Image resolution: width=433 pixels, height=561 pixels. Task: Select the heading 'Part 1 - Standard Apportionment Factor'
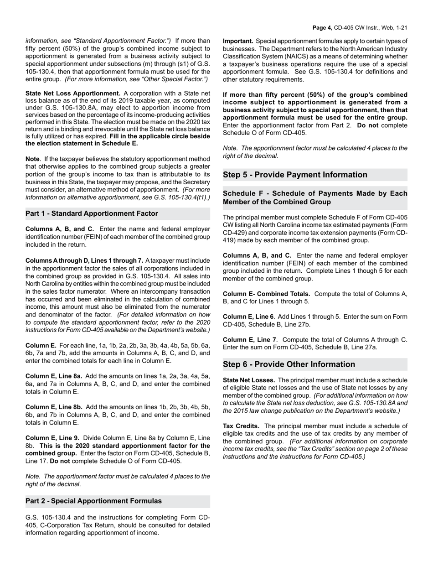pyautogui.click(x=92, y=213)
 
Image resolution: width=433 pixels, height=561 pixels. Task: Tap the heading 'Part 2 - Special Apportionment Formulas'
pyautogui.click(x=93, y=501)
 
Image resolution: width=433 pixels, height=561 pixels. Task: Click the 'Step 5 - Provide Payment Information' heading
pyautogui.click(x=295, y=175)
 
